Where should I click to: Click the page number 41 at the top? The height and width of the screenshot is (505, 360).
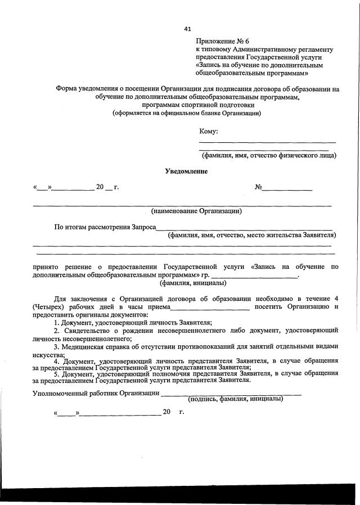[188, 29]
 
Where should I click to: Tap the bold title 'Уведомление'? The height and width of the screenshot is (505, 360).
[186, 171]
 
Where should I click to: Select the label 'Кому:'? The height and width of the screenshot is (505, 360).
[209, 132]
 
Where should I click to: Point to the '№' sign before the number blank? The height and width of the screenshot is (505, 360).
[259, 186]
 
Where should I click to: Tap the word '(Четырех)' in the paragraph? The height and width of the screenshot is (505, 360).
[49, 307]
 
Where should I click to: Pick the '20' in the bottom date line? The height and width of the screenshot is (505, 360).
[166, 412]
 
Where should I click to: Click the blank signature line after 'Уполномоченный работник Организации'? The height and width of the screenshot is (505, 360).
[231, 394]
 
